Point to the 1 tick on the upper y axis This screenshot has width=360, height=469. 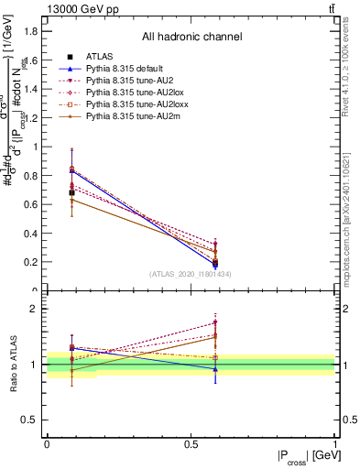(38, 147)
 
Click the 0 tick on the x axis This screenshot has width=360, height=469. (47, 444)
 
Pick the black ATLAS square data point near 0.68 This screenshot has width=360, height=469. (72, 192)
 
